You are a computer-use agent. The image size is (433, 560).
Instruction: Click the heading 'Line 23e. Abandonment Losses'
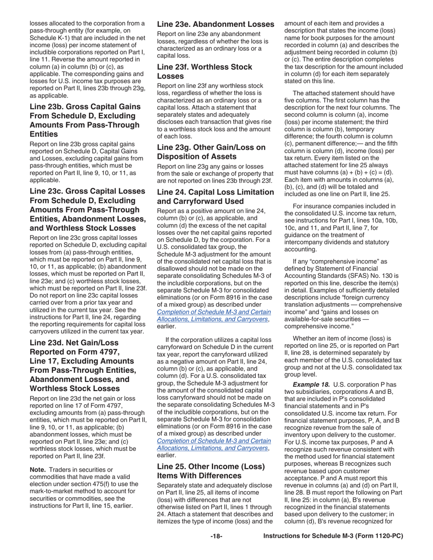coord(216,24)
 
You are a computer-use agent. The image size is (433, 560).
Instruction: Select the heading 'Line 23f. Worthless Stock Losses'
coord(204,71)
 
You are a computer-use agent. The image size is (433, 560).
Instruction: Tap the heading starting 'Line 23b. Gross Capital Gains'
coord(85,120)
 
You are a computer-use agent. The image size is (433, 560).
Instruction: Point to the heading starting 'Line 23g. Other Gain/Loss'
coord(211,152)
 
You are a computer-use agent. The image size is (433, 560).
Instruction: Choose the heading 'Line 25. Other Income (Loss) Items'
coord(211,471)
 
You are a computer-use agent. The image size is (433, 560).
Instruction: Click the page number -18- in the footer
coord(216,536)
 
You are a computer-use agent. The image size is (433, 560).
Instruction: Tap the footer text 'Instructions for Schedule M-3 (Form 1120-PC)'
coord(333,536)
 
